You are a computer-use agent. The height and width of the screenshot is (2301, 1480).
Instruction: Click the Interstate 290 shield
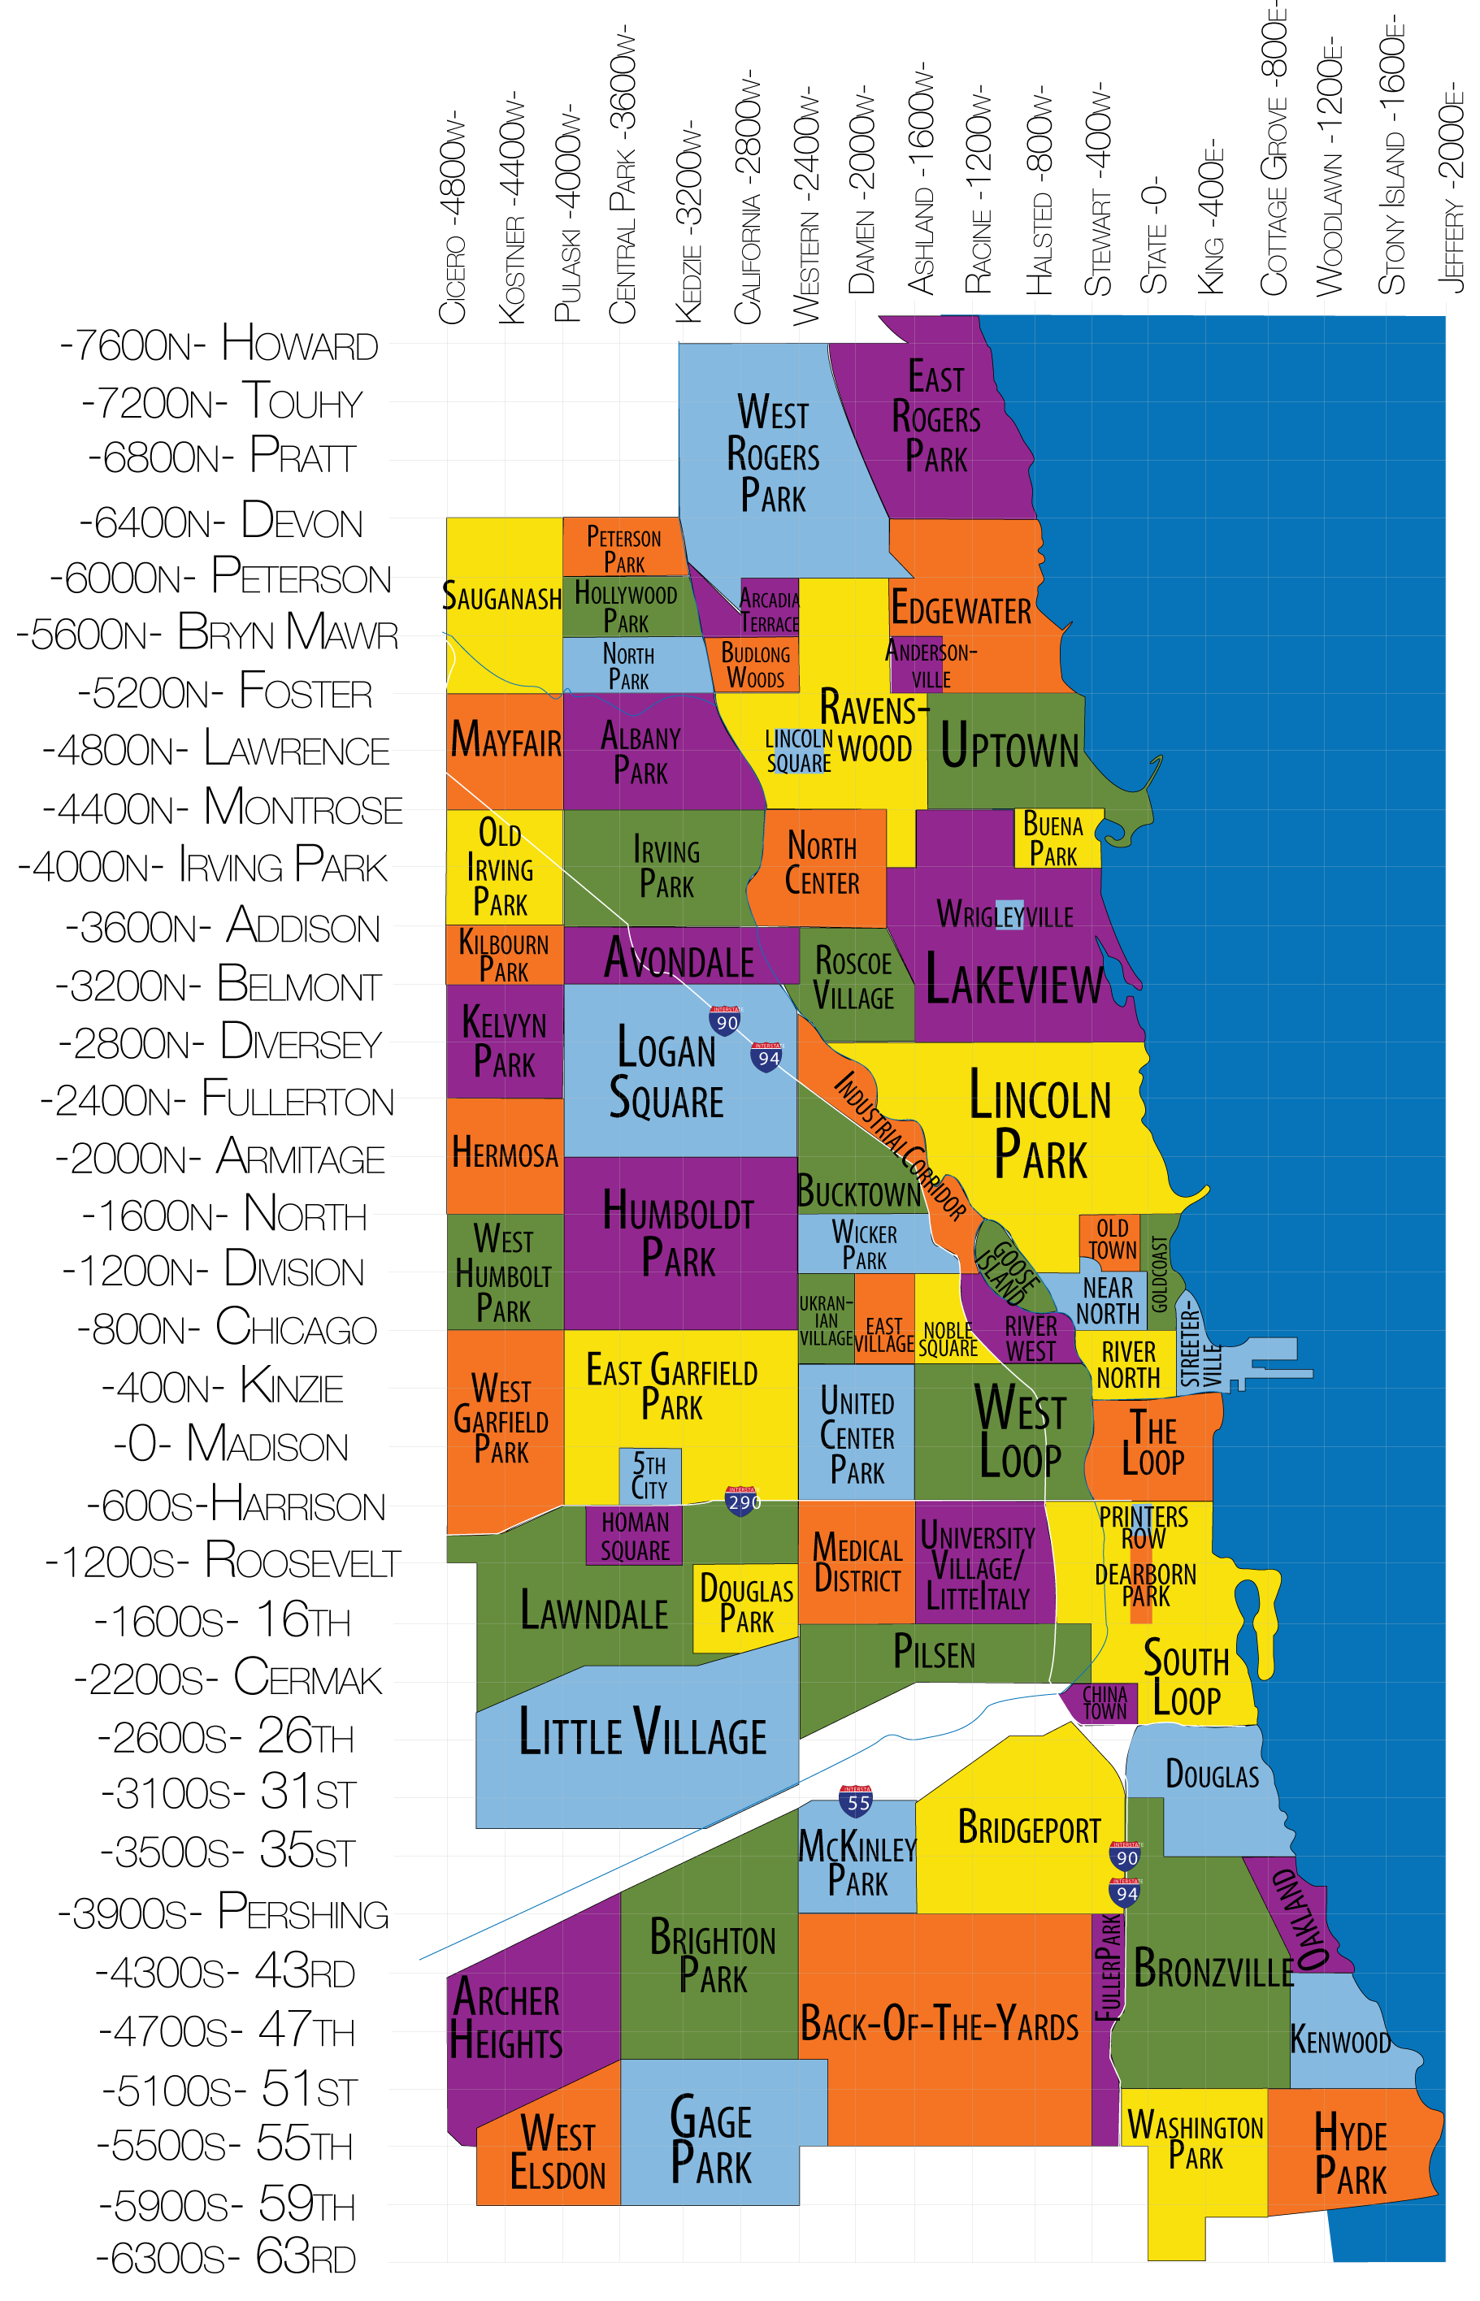741,1500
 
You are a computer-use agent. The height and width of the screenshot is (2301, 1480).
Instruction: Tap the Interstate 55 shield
857,1801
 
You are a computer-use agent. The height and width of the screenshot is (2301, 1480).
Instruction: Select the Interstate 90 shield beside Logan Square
726,1021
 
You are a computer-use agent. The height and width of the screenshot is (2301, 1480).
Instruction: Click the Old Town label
1112,1239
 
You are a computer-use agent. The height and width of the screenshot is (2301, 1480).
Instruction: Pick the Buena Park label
1053,839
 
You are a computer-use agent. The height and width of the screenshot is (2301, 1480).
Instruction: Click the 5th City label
649,1476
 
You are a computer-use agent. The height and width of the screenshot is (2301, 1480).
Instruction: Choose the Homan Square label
634,1536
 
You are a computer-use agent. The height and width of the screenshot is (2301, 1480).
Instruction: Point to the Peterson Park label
623,549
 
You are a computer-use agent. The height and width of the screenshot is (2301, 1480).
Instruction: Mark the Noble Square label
948,1339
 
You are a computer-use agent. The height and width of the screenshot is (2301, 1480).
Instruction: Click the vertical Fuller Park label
1108,1967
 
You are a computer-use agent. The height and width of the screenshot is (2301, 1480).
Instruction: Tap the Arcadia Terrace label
769,611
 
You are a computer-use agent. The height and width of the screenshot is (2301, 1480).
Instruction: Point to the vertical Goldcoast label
1160,1273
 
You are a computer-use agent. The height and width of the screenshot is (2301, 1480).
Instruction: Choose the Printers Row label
1143,1527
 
